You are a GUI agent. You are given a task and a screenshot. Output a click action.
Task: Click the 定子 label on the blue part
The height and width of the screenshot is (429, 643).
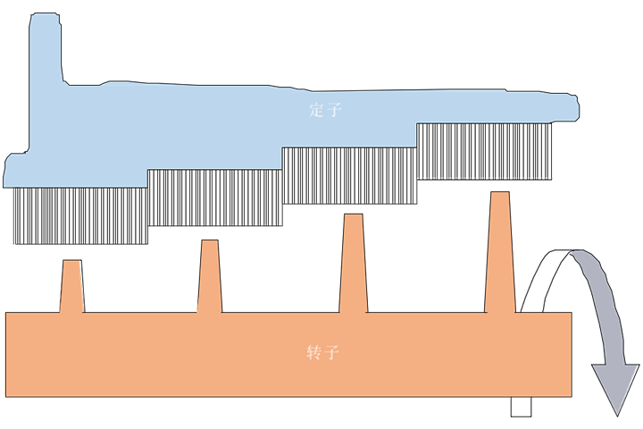322,111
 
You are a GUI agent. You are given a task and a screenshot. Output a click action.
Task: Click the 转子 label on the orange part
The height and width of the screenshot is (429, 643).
322,351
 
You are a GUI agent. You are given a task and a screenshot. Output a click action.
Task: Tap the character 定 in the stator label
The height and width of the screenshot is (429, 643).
313,111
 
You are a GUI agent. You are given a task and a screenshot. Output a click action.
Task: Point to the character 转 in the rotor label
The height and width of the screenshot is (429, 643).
313,351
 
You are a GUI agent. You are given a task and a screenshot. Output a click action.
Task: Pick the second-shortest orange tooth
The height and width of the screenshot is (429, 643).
210,276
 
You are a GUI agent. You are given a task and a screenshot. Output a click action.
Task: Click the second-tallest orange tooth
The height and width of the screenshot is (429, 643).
354,264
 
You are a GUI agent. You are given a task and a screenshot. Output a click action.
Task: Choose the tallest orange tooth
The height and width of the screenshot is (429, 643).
500,252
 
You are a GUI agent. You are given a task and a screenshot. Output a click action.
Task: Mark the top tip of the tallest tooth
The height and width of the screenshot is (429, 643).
500,195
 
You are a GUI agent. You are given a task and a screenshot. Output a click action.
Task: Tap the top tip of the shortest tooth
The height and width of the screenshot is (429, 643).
71,263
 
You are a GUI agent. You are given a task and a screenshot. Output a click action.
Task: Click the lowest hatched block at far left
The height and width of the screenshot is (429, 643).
80,215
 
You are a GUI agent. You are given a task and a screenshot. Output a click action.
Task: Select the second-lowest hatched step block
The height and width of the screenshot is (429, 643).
214,197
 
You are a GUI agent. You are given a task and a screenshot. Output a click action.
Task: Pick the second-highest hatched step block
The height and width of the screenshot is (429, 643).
349,174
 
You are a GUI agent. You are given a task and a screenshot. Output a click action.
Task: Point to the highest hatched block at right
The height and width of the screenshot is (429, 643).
483,150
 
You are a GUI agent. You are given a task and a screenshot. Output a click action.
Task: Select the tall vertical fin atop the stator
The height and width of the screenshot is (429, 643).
43,54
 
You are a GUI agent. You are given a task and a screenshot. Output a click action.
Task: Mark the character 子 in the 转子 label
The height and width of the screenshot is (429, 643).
331,351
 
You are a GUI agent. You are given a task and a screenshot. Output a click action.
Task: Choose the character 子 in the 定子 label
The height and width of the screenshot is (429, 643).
331,111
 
